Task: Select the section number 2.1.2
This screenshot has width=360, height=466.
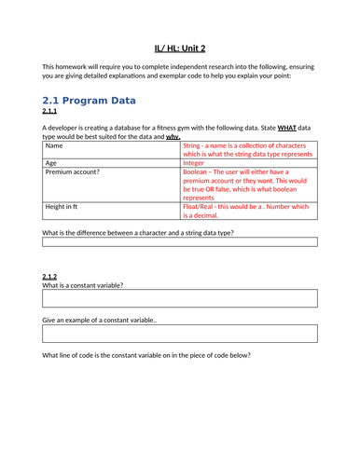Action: pos(52,276)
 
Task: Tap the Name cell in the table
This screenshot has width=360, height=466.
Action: pos(55,146)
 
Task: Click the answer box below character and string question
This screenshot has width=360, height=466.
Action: pos(180,241)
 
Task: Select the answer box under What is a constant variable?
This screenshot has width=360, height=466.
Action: pos(180,298)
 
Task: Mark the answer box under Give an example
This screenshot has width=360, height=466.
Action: pos(180,334)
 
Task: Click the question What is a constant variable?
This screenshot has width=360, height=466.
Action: pos(83,285)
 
